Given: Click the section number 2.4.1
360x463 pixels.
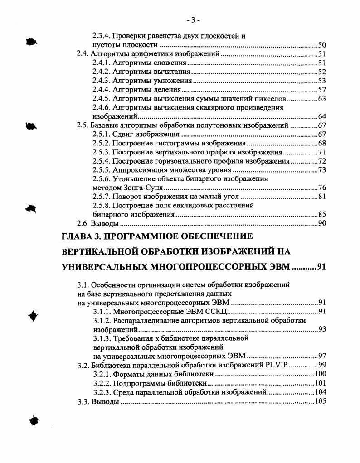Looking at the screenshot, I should tap(101, 63).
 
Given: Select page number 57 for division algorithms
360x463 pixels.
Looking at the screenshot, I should tap(322, 90).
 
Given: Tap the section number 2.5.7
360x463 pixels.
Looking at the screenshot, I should tap(101, 197).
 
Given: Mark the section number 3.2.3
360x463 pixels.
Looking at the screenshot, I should tap(102, 392).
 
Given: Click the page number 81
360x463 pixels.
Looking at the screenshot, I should tap(322, 197).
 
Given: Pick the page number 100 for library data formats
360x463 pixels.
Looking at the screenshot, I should tap(320, 374).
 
